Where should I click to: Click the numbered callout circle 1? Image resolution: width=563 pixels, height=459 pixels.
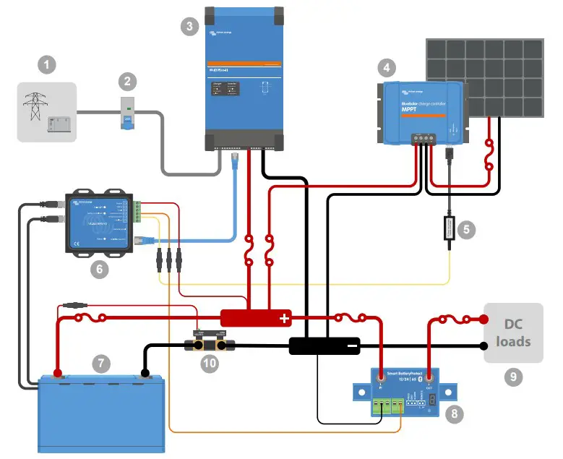(47, 67)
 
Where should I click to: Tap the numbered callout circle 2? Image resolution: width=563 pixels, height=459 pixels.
(127, 81)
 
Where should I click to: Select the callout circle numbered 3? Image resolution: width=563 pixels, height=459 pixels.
(189, 27)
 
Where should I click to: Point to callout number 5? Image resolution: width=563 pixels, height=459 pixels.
(466, 230)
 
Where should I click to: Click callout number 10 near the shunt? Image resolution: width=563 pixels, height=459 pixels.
(209, 364)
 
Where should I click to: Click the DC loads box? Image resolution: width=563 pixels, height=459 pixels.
(513, 333)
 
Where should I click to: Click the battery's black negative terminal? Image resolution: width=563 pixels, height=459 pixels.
(145, 374)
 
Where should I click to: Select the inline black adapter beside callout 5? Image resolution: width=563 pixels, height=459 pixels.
(449, 230)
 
